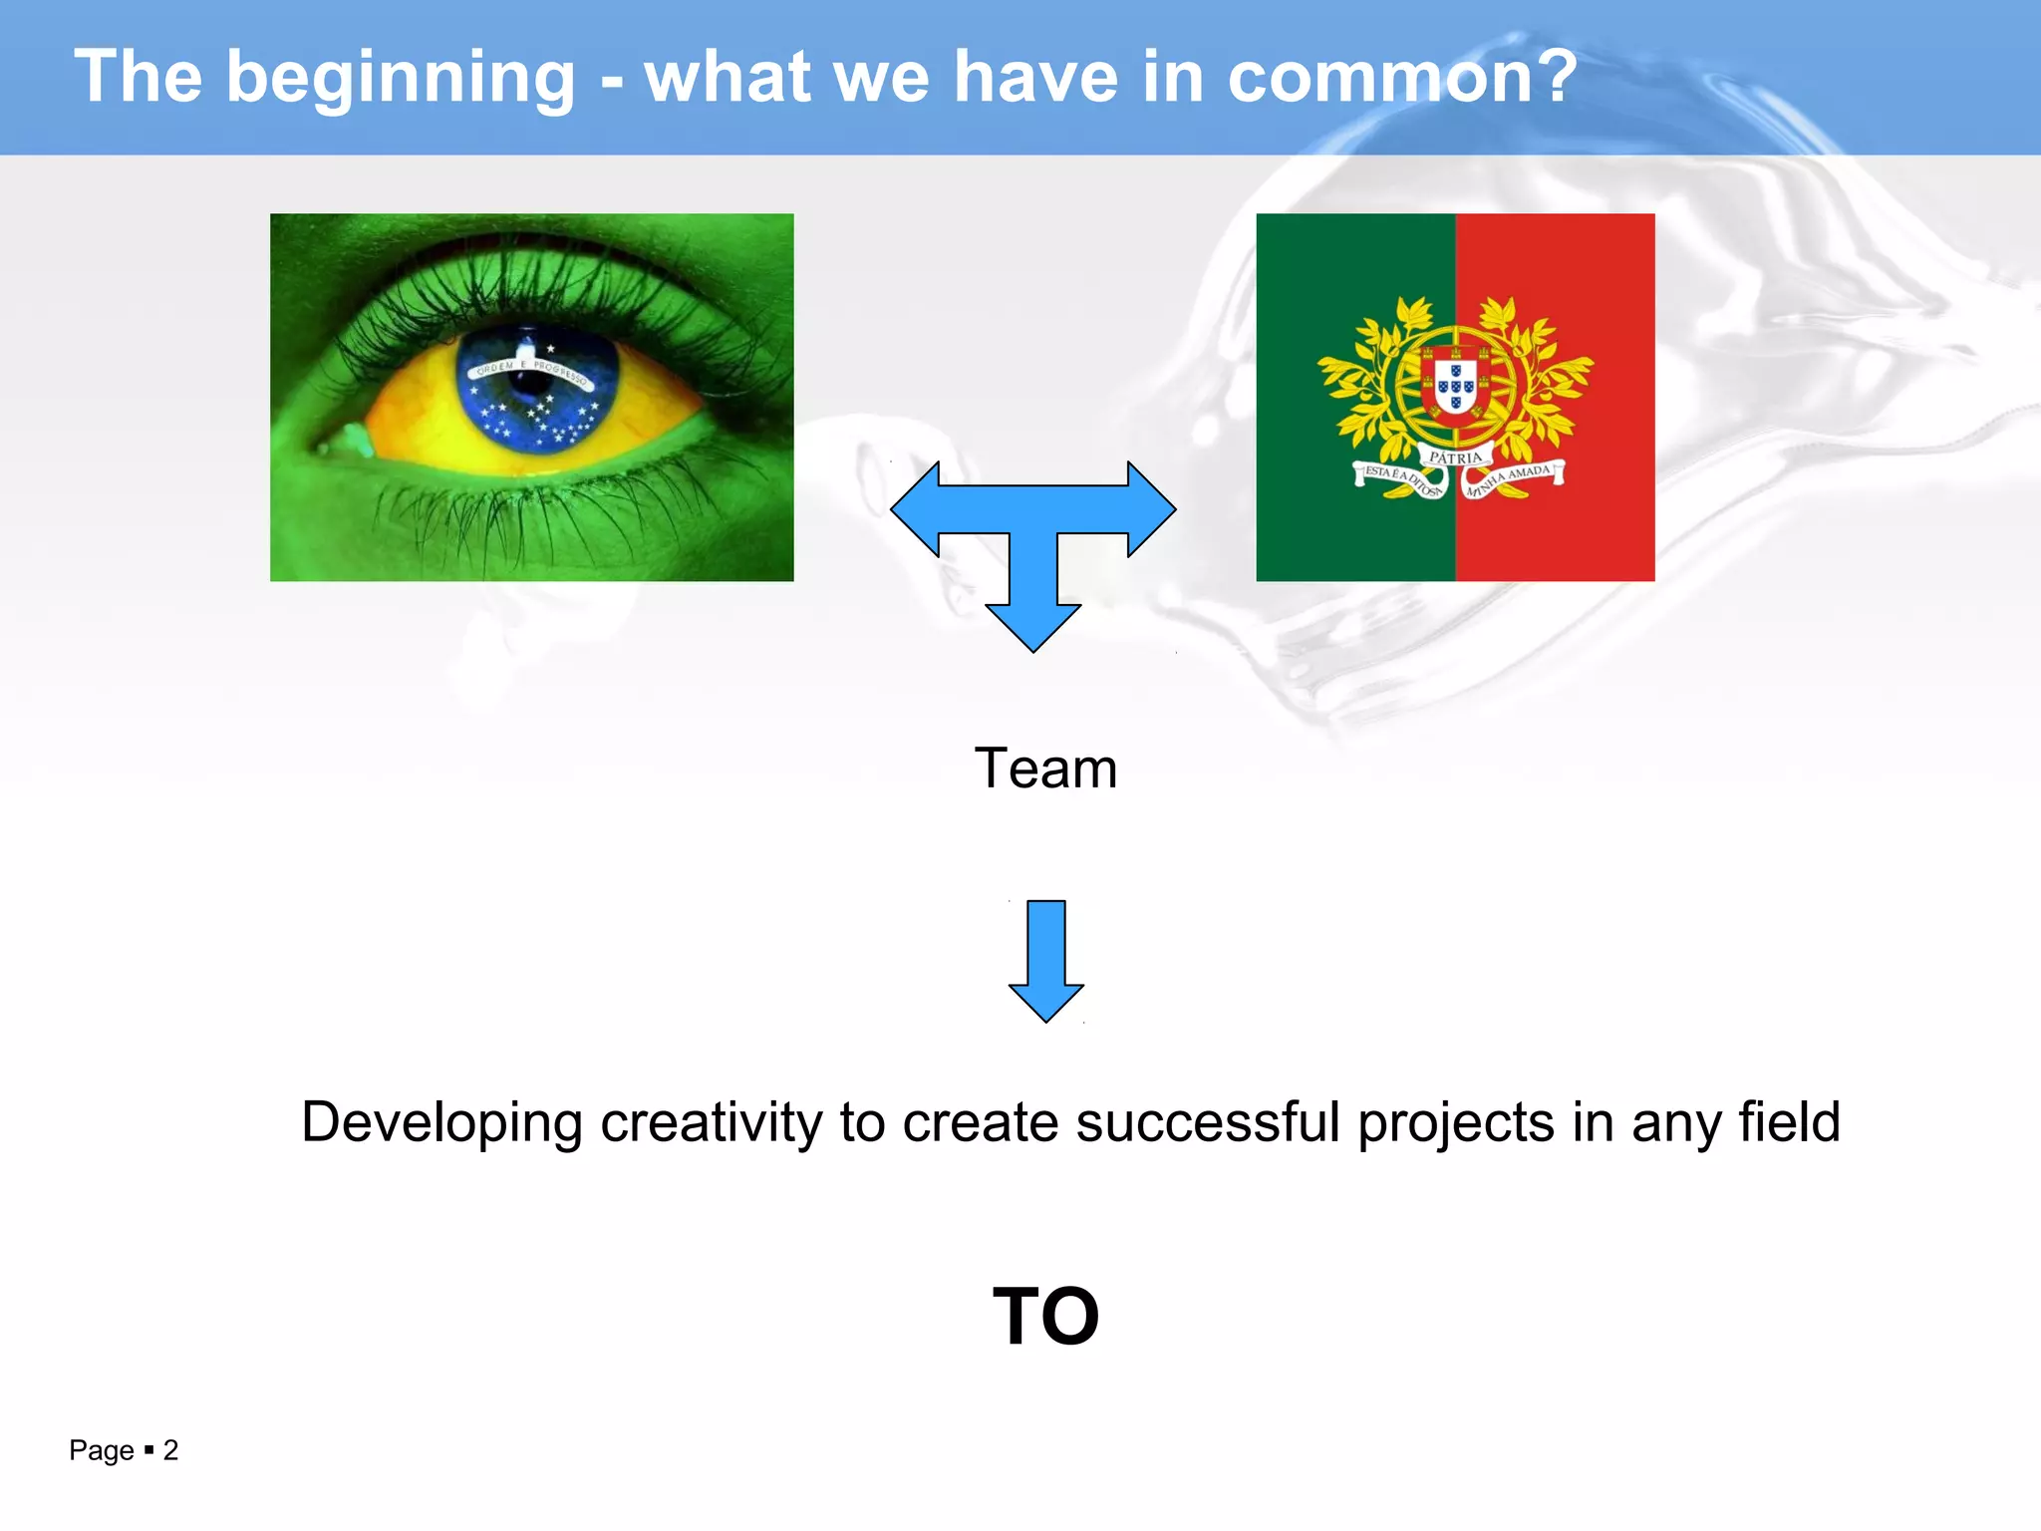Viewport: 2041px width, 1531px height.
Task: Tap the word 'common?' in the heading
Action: [x=1402, y=78]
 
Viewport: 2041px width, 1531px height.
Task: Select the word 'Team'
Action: [x=1045, y=768]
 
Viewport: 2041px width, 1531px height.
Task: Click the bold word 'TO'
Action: [x=1045, y=1316]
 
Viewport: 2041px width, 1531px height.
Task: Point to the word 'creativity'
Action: [x=711, y=1123]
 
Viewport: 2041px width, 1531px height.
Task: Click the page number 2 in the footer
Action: [x=170, y=1449]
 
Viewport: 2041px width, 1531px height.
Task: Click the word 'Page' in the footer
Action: [x=101, y=1450]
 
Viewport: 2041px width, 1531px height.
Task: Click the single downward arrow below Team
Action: [x=1045, y=962]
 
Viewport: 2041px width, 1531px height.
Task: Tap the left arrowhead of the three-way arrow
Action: [x=915, y=509]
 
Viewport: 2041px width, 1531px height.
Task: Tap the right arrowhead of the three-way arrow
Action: [x=1152, y=509]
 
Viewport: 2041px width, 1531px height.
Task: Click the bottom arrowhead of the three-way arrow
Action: [x=1033, y=626]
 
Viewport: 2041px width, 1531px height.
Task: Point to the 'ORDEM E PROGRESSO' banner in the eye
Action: [x=530, y=370]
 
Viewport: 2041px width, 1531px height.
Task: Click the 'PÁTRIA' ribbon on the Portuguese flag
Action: [x=1455, y=458]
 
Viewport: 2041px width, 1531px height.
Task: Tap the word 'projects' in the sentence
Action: [x=1455, y=1123]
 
